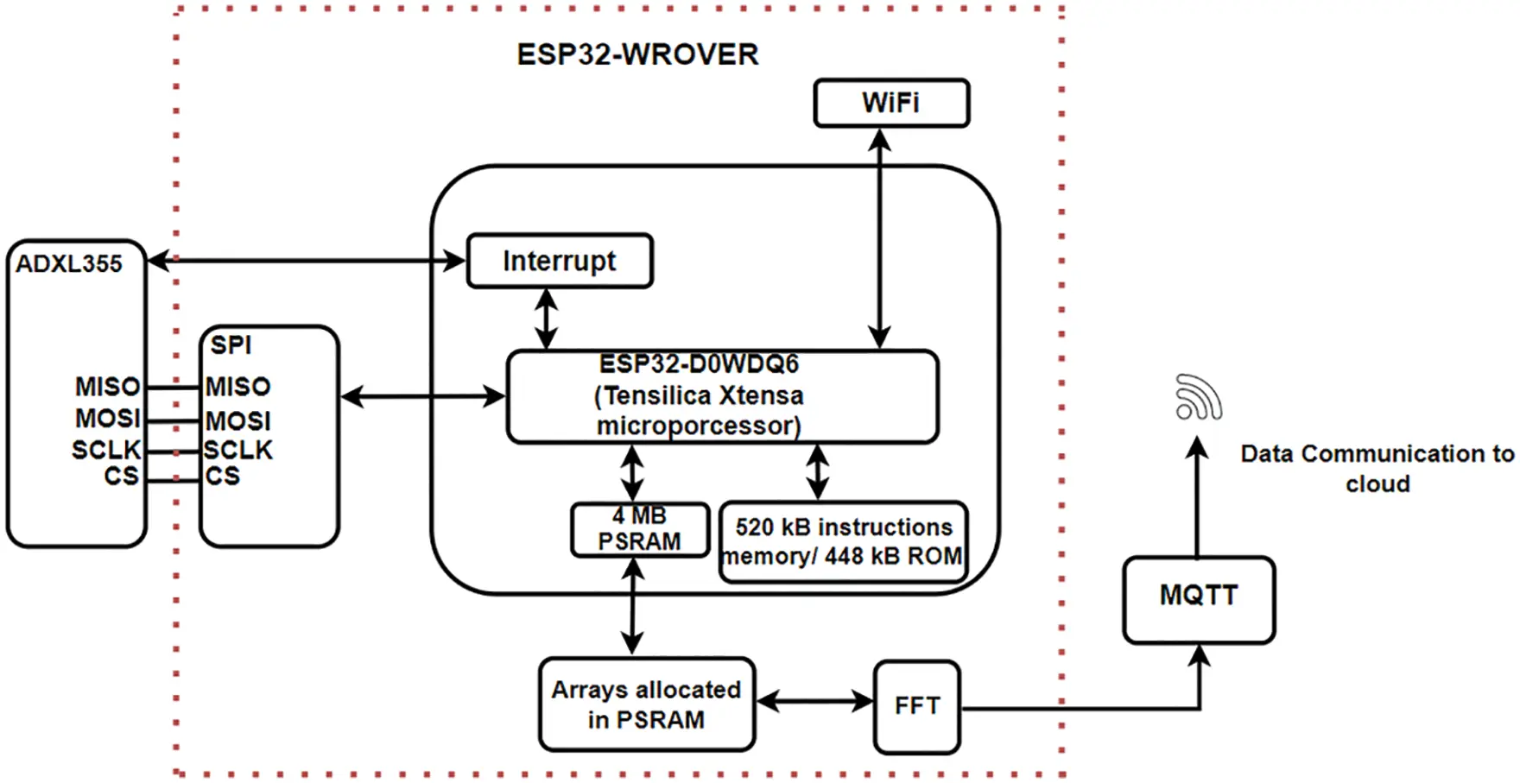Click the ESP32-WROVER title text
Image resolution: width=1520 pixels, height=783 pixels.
pos(637,54)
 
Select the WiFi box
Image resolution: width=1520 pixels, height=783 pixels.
pos(891,103)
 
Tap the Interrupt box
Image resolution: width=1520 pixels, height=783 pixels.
pos(560,261)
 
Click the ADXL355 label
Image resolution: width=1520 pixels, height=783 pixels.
pos(69,264)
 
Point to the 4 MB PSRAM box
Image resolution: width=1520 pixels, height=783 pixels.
pos(640,529)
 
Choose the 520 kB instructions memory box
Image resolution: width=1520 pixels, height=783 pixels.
pos(843,542)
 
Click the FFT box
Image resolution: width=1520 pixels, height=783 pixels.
pos(916,706)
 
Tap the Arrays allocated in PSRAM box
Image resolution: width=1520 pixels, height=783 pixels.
pos(647,704)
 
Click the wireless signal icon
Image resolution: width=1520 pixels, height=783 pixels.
pos(1199,397)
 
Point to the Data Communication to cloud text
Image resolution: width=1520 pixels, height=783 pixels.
pos(1377,468)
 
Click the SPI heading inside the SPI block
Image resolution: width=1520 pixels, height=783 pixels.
pos(231,345)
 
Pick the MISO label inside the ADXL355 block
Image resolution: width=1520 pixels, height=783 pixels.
pos(107,387)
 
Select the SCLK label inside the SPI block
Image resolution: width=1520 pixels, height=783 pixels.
pos(238,450)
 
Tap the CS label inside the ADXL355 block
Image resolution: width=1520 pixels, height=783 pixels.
pos(121,476)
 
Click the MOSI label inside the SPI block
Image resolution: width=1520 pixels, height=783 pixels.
pos(238,420)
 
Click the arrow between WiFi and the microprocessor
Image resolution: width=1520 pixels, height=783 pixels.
pos(879,237)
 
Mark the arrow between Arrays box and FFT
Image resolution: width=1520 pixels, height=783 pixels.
pos(814,702)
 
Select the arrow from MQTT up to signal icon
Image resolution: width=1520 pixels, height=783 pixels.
pos(1197,496)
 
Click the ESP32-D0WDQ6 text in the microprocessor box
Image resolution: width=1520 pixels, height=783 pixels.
pos(699,364)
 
